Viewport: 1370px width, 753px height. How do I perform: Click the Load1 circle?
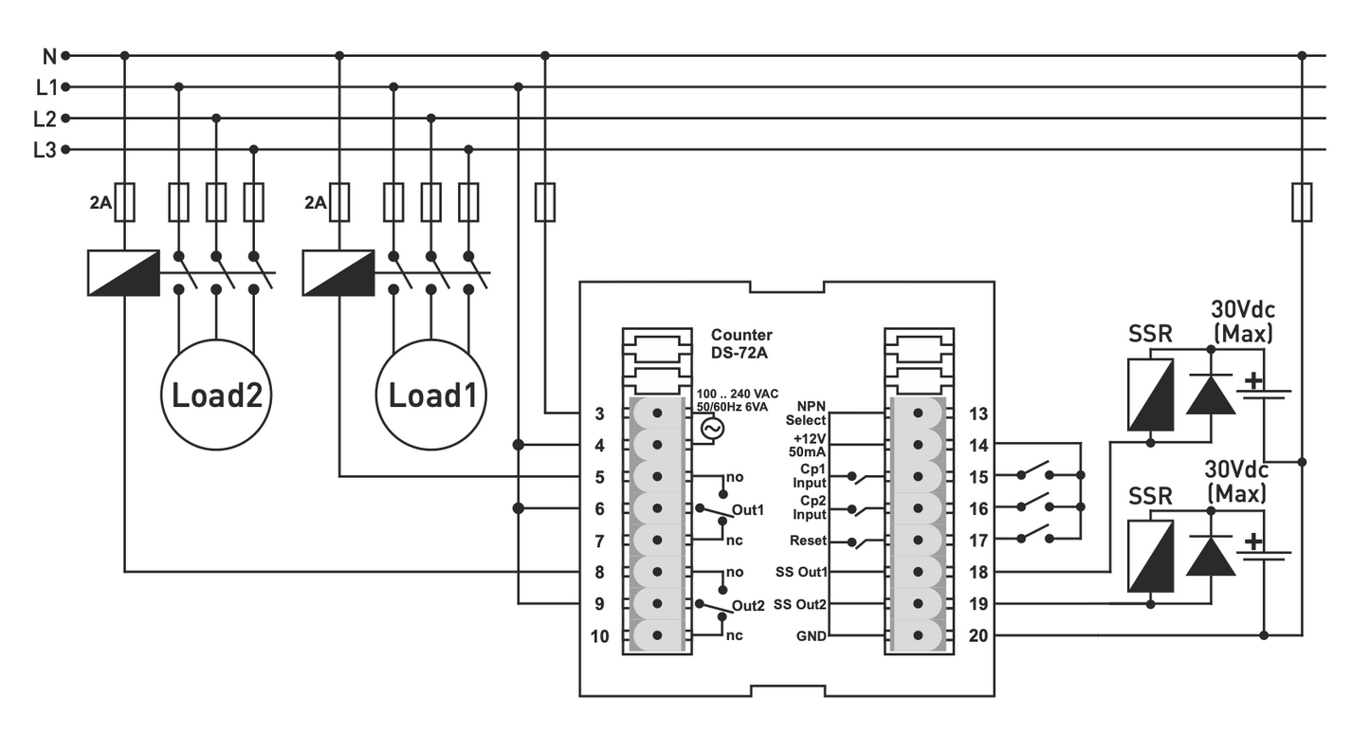(431, 395)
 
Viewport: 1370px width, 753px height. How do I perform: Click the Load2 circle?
(216, 395)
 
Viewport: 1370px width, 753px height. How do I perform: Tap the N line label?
(49, 56)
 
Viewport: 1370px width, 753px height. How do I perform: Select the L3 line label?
(44, 150)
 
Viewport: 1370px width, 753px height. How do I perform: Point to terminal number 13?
(978, 413)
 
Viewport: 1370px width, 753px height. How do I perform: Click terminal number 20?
(978, 635)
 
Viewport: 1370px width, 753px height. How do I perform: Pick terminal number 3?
(599, 413)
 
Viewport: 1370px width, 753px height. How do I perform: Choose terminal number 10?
(599, 636)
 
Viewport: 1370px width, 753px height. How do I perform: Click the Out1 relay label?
(748, 510)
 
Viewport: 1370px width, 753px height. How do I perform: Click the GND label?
(812, 636)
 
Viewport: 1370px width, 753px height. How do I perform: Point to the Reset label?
(808, 541)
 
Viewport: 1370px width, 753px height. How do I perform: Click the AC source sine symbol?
(711, 430)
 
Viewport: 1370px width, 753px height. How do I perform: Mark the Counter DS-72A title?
(741, 343)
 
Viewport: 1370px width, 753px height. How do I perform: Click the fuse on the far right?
(1302, 202)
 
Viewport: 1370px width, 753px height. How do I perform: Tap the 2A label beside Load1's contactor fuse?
(315, 202)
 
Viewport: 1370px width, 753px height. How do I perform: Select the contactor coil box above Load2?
(123, 273)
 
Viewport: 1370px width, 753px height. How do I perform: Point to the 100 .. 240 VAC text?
(738, 394)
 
